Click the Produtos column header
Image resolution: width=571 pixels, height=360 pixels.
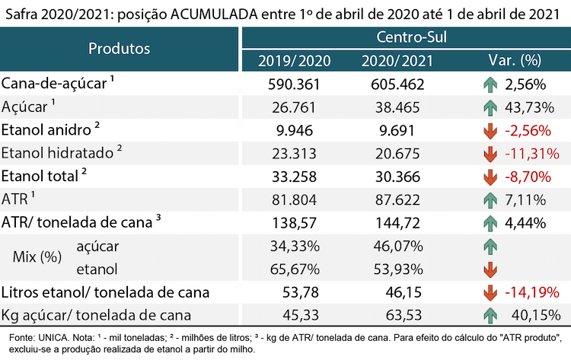(x=119, y=49)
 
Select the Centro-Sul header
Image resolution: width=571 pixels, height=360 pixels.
(x=411, y=37)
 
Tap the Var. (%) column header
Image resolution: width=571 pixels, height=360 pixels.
(x=515, y=60)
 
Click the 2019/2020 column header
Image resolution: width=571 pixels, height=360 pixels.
(x=294, y=60)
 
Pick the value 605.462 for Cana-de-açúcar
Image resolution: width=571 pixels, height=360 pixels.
(x=397, y=84)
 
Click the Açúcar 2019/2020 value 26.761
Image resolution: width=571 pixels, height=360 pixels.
(x=294, y=107)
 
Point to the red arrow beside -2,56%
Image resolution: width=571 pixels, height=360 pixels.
(x=490, y=131)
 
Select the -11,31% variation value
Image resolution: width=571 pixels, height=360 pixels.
(x=532, y=154)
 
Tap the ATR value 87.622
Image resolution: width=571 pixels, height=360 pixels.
(x=397, y=200)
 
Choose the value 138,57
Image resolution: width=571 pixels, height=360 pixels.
(x=294, y=223)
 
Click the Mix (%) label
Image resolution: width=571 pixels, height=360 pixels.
(x=37, y=257)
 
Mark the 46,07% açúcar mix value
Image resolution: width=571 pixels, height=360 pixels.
(x=398, y=246)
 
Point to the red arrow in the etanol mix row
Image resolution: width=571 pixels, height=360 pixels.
(x=490, y=269)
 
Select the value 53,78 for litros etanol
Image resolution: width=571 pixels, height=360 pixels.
(x=301, y=292)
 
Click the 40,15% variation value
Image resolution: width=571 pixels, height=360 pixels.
(x=536, y=315)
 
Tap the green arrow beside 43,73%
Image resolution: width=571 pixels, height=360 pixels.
(x=490, y=108)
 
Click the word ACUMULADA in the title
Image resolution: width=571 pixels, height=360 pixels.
(x=214, y=14)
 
